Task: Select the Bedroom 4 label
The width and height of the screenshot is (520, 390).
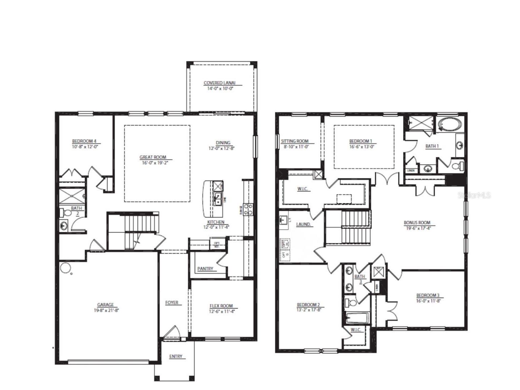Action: coord(84,141)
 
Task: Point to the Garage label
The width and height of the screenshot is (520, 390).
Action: coord(105,305)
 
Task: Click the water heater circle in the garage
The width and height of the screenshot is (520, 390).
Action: coord(65,268)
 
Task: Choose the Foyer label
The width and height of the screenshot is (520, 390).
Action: coord(172,302)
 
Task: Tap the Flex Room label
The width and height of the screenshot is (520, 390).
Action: coord(221,306)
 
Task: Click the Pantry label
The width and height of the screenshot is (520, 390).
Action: coord(205,269)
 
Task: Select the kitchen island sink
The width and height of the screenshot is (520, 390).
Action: coord(218,199)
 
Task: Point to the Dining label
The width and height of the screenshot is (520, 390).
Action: coord(223,143)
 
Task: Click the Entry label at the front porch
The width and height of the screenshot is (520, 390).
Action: coord(176,356)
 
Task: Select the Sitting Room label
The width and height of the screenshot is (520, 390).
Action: coord(295,141)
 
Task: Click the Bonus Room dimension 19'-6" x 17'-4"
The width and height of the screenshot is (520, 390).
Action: coord(417,228)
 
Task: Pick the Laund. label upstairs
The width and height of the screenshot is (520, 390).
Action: coord(303,224)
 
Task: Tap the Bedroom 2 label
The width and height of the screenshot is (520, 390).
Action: coord(308,304)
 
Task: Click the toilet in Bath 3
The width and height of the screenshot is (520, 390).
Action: coord(351,302)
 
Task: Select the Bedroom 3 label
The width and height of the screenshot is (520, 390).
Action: coord(428,295)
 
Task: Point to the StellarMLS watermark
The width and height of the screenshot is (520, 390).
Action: coord(474,195)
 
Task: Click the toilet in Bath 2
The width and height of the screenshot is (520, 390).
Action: coord(67,213)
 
